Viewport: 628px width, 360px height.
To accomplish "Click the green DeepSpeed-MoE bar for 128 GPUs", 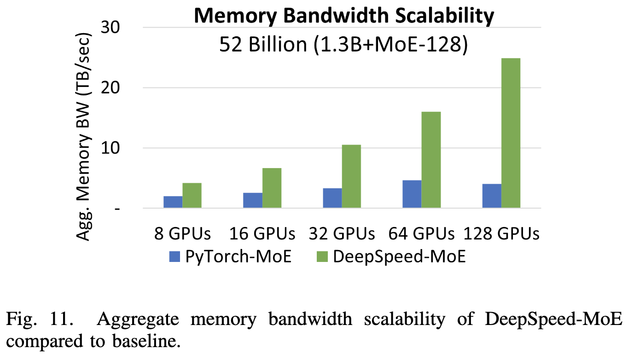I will pyautogui.click(x=511, y=134).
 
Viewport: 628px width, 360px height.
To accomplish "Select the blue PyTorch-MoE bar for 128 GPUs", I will pyautogui.click(x=492, y=196).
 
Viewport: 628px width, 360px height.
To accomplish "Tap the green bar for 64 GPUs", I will pyautogui.click(x=431, y=160).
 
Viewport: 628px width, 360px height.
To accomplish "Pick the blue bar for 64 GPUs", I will pyautogui.click(x=412, y=194).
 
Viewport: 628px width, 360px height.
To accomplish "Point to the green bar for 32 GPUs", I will pyautogui.click(x=351, y=177).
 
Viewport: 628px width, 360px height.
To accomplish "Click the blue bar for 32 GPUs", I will pyautogui.click(x=332, y=198).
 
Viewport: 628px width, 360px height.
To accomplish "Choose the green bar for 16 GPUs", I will pyautogui.click(x=272, y=188).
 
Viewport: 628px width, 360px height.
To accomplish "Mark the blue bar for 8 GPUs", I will pyautogui.click(x=173, y=202).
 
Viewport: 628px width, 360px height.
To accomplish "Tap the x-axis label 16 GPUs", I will pyautogui.click(x=262, y=234).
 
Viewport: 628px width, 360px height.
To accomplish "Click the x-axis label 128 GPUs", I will pyautogui.click(x=501, y=234).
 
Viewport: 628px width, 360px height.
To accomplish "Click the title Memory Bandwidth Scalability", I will pyautogui.click(x=343, y=17).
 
